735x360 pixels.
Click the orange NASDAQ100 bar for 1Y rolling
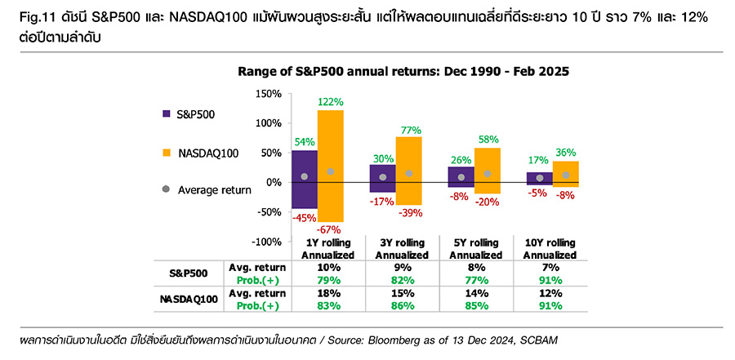click(331, 166)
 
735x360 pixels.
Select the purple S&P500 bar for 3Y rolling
click(382, 178)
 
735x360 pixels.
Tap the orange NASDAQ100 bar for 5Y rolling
click(488, 171)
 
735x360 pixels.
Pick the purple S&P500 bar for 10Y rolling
click(540, 179)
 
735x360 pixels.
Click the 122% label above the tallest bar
click(330, 101)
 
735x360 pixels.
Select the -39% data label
click(410, 212)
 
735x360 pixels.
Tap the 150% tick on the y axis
click(269, 94)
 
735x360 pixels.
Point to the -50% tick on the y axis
click(269, 212)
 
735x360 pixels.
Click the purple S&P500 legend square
click(166, 113)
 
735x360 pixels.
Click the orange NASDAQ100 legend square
click(166, 153)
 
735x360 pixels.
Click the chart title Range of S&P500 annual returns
click(403, 72)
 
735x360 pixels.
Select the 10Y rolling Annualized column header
click(550, 249)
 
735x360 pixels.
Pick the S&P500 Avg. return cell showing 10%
click(327, 268)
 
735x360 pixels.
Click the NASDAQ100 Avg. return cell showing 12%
click(550, 293)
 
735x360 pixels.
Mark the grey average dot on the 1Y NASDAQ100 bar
click(331, 171)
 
